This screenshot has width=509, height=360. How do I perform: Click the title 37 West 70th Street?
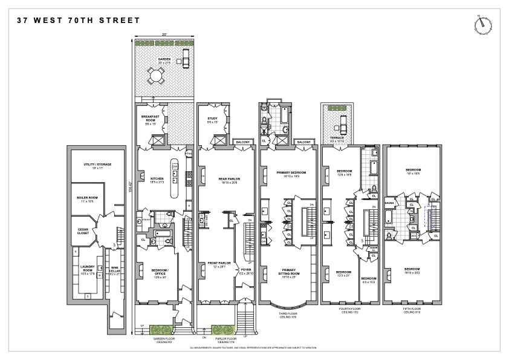[79, 21]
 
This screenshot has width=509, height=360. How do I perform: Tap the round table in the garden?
[157, 76]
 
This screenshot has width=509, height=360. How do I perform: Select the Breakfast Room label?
[151, 118]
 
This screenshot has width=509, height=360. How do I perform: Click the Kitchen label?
[157, 178]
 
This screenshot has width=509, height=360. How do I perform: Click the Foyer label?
[245, 270]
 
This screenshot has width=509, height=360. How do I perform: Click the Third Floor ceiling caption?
[288, 315]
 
